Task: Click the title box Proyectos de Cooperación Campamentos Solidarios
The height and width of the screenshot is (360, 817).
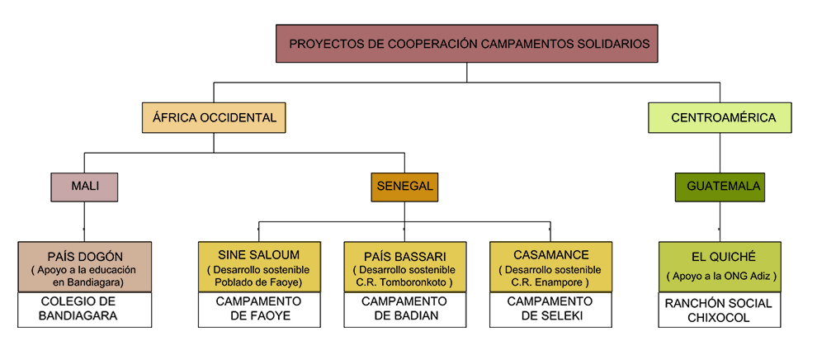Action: [467, 43]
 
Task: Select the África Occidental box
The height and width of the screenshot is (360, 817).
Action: [214, 117]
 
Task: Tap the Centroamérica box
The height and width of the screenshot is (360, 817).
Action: [720, 117]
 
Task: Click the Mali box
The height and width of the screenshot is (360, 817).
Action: [84, 187]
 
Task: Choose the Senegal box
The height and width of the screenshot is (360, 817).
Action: [404, 187]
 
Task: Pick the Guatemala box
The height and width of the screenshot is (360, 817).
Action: [720, 187]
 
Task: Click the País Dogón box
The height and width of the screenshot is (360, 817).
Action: [84, 267]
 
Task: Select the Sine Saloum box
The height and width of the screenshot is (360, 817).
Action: [258, 267]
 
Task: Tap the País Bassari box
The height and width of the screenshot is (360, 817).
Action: [404, 267]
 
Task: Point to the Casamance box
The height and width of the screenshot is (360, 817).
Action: [550, 267]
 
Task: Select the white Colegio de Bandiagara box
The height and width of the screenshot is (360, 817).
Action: [84, 309]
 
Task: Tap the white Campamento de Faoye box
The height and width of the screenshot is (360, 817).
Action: [258, 309]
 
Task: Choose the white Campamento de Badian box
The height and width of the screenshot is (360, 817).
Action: [404, 309]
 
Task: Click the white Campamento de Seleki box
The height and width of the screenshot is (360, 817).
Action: [550, 309]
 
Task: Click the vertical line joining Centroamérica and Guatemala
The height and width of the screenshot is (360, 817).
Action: [720, 153]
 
